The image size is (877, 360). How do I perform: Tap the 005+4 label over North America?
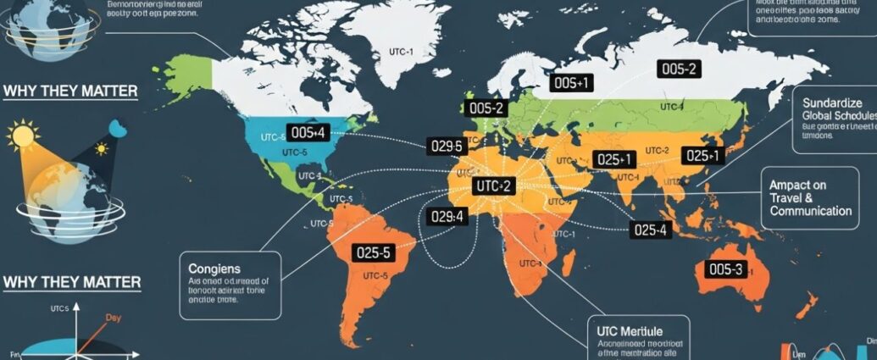[307, 132]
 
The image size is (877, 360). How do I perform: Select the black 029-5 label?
[447, 147]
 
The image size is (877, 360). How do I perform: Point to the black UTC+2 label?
[492, 186]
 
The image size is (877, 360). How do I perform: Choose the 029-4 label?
[447, 217]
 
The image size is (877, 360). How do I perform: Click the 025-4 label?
[650, 229]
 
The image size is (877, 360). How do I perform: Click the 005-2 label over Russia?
[680, 69]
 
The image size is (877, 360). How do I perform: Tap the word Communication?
[810, 211]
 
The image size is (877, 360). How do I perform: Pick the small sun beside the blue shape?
[102, 149]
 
